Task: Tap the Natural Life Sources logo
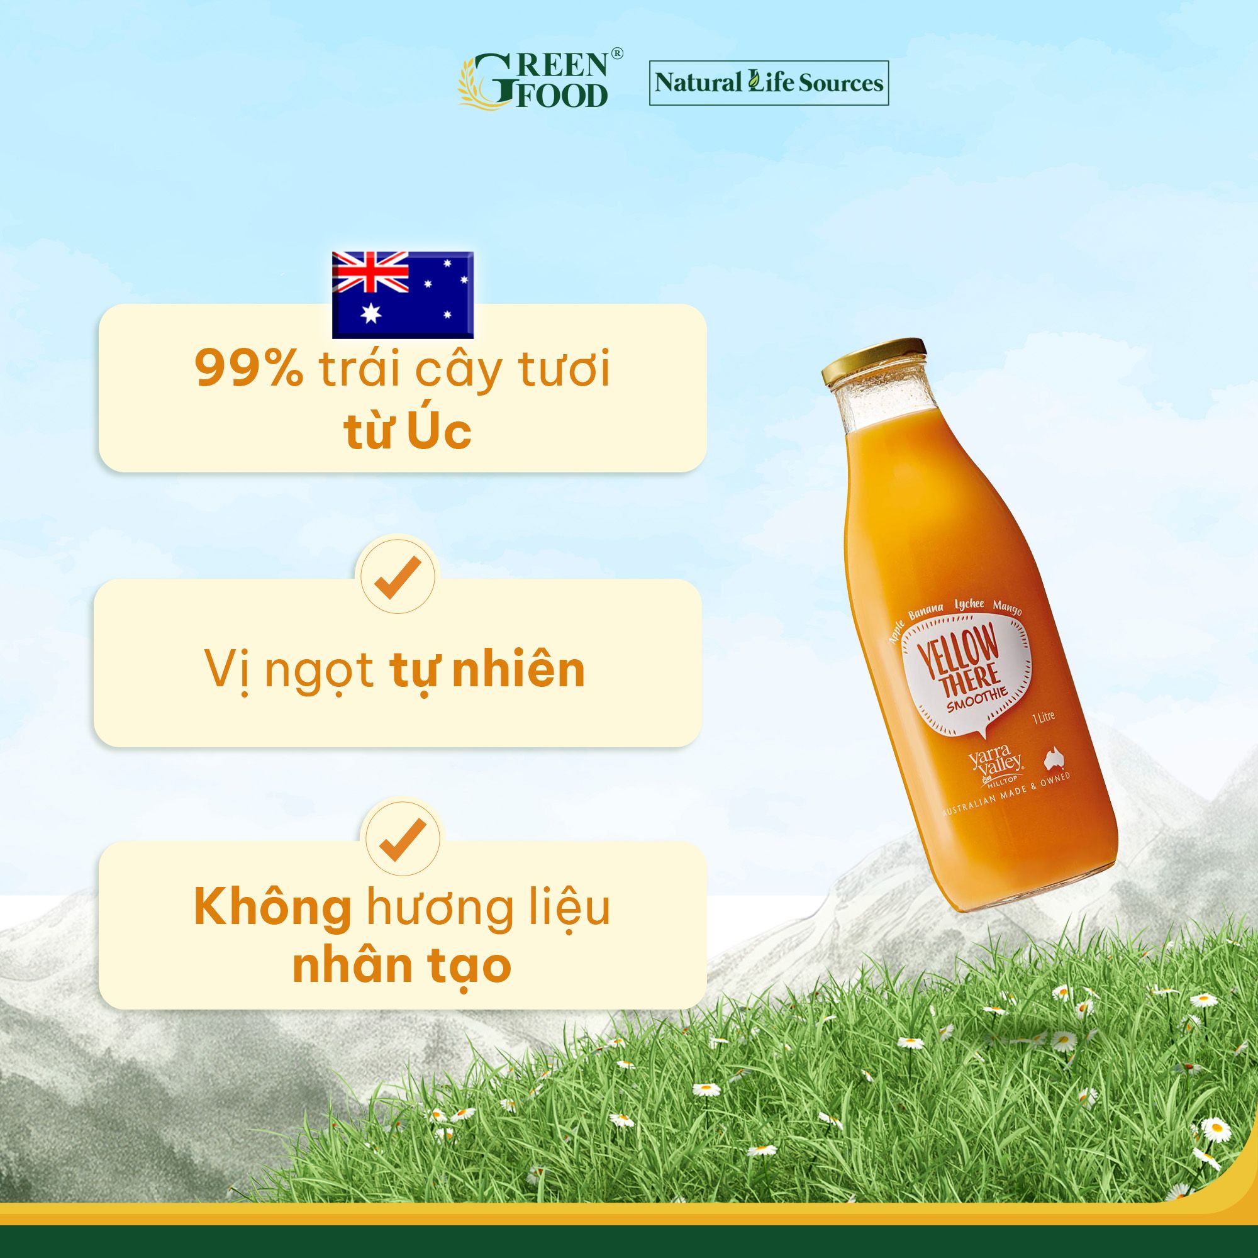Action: click(769, 82)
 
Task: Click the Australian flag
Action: click(403, 294)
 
